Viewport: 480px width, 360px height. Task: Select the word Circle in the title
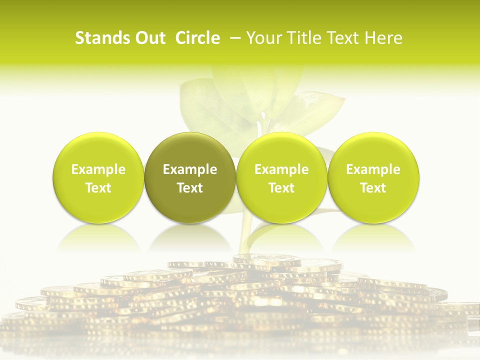[197, 38]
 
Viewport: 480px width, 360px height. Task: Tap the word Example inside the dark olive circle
[190, 169]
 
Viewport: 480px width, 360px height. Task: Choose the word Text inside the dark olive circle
[190, 188]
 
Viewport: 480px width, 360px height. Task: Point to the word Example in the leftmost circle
[98, 169]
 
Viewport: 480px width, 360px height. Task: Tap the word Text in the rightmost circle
[373, 188]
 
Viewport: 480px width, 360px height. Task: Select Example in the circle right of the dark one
[281, 169]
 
